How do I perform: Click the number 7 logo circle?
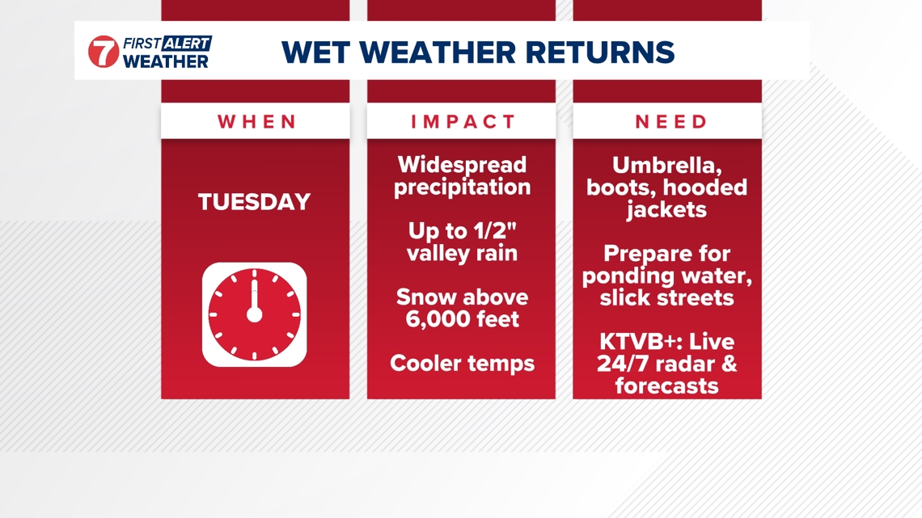[104, 52]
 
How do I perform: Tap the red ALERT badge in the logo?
[187, 43]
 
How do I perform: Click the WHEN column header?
[256, 122]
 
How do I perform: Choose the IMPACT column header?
[463, 122]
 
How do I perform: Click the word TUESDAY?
[255, 202]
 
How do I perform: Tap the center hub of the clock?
[254, 314]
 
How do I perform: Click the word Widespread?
[462, 165]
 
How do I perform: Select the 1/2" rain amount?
[493, 231]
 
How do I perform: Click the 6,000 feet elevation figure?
[462, 319]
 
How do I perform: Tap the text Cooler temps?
[462, 363]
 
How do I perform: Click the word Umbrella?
[667, 166]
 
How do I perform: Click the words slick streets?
[667, 297]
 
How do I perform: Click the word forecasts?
[667, 385]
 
